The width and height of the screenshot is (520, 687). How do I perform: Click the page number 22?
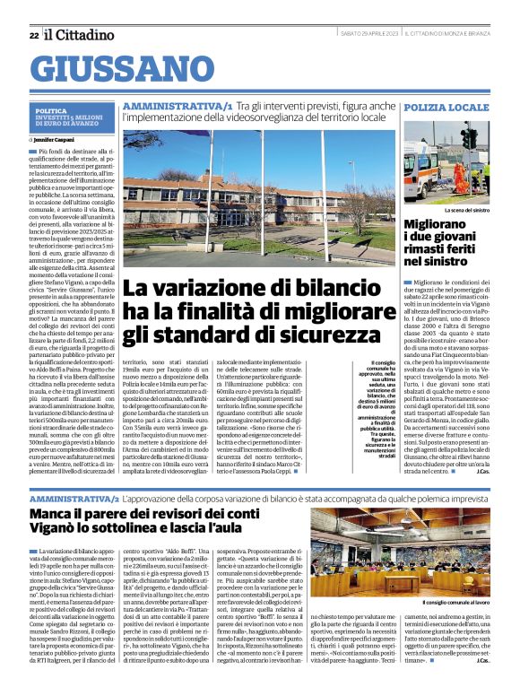(33, 35)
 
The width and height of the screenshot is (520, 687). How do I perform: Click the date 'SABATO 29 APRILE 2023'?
(366, 35)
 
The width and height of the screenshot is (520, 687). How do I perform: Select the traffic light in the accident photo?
(468, 139)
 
